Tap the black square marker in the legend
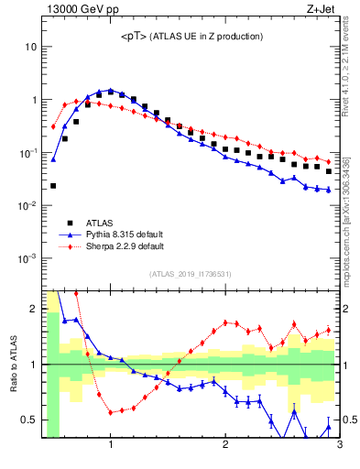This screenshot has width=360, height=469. (x=70, y=222)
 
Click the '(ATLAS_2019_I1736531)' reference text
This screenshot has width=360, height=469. (x=190, y=274)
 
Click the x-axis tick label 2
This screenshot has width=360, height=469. (x=225, y=446)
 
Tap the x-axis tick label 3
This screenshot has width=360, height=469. (x=339, y=446)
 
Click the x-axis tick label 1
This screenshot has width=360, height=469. (x=111, y=446)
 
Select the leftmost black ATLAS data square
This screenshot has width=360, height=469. (x=53, y=186)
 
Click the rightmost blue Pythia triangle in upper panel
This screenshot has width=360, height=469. (x=328, y=190)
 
